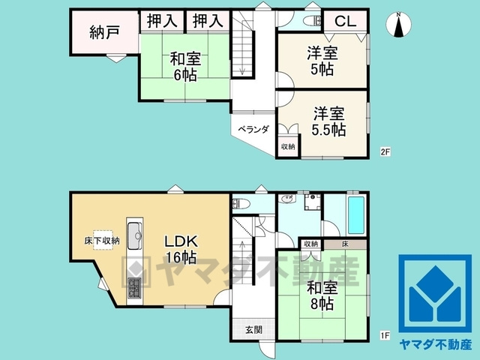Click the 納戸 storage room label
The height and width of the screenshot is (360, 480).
[x=104, y=32]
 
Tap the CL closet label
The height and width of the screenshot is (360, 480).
[x=344, y=21]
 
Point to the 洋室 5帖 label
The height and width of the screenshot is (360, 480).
[x=322, y=61]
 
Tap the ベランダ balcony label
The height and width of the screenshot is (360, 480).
[x=253, y=129]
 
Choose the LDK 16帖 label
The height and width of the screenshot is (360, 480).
[x=181, y=249]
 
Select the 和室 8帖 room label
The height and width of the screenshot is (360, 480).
[x=320, y=294]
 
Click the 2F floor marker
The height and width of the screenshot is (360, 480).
[x=385, y=152]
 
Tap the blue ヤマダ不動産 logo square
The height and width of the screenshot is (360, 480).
[x=434, y=293]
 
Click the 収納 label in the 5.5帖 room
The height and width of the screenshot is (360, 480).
[x=288, y=146]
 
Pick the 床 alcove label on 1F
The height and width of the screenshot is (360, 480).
[x=344, y=244]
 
